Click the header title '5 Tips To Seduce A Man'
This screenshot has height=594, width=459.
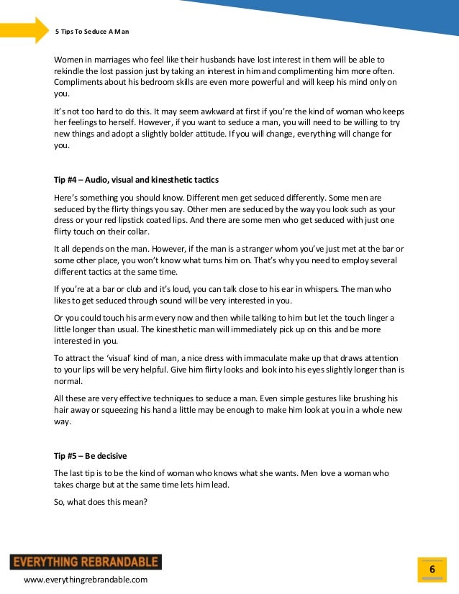point(92,32)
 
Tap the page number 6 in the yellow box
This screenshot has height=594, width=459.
point(432,570)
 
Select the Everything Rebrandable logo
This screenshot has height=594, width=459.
point(86,562)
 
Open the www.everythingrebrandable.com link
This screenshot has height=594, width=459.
point(86,580)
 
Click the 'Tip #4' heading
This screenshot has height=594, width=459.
point(136,179)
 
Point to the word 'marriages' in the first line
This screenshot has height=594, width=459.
point(112,59)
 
